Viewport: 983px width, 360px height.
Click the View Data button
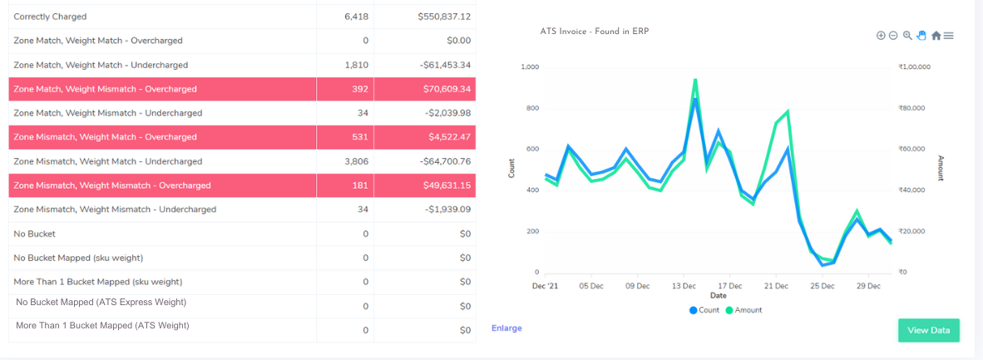(928, 330)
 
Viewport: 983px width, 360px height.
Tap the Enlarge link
(506, 328)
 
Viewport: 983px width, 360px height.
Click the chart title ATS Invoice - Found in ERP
(594, 32)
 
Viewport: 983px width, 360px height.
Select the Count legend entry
(704, 310)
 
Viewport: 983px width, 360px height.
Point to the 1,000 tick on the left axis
(529, 67)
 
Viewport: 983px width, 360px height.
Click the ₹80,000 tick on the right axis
(913, 108)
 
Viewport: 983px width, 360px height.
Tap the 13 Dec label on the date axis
(684, 285)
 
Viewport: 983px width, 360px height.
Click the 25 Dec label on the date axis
(822, 285)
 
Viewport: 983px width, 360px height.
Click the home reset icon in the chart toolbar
(936, 36)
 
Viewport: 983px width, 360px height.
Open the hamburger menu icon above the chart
(949, 36)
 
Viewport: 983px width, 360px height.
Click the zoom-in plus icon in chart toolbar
(881, 36)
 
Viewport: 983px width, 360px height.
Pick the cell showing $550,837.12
(444, 17)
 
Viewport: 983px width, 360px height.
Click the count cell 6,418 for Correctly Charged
(356, 17)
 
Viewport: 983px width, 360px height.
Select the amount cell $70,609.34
(444, 89)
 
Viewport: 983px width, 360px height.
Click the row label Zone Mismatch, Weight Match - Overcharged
(106, 137)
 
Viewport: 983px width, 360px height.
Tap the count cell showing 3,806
(356, 161)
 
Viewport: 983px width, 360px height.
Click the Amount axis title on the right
(941, 168)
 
